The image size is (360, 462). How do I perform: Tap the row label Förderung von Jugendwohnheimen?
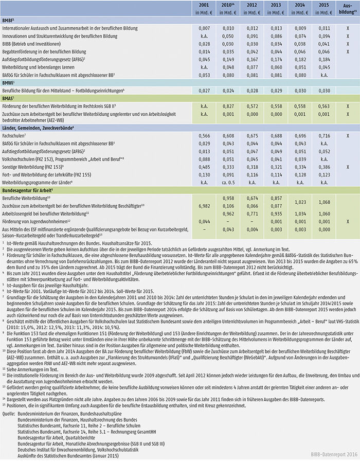click(35, 220)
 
